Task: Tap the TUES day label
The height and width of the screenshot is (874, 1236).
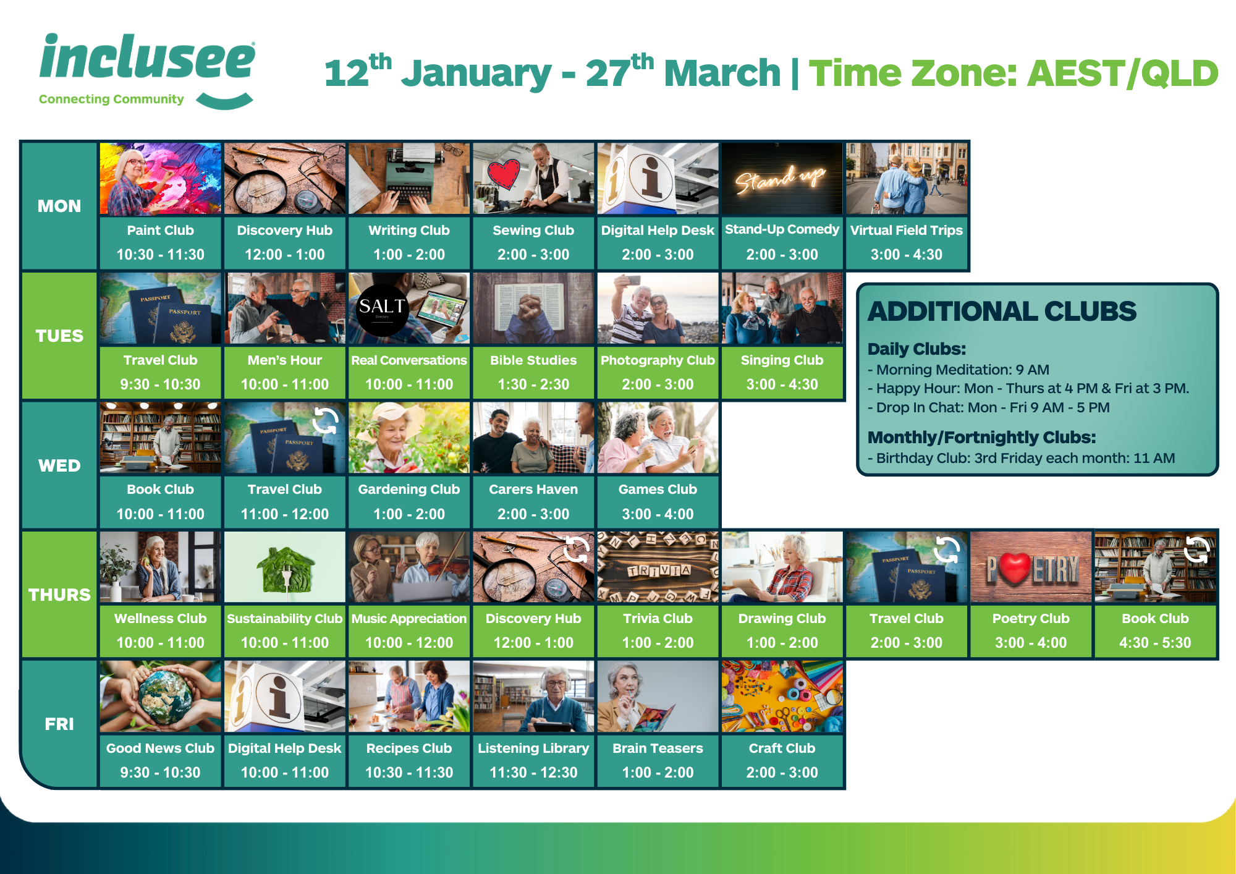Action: point(59,336)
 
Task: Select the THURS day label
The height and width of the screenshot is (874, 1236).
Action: point(59,595)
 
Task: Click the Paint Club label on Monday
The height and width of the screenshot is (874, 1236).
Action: point(160,231)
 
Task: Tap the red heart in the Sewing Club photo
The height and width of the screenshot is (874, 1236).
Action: point(504,174)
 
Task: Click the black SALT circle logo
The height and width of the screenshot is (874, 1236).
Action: point(382,310)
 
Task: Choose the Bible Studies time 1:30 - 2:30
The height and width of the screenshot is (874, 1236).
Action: point(533,384)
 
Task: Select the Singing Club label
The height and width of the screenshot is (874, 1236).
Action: point(782,360)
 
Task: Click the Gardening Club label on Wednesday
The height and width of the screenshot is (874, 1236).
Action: point(409,490)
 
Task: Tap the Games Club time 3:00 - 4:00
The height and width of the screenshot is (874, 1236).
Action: point(658,514)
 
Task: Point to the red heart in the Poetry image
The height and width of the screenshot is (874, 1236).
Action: point(1014,567)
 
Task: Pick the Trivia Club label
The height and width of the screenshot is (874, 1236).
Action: point(658,619)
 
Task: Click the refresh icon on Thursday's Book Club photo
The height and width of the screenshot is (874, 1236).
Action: point(1197,549)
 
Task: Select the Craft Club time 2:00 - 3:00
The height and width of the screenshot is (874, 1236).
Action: point(782,773)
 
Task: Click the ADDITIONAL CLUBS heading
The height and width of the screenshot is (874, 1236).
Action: point(1002,312)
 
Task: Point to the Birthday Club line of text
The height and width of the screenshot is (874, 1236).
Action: point(1021,458)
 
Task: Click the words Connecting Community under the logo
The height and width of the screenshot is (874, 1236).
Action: point(111,100)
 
